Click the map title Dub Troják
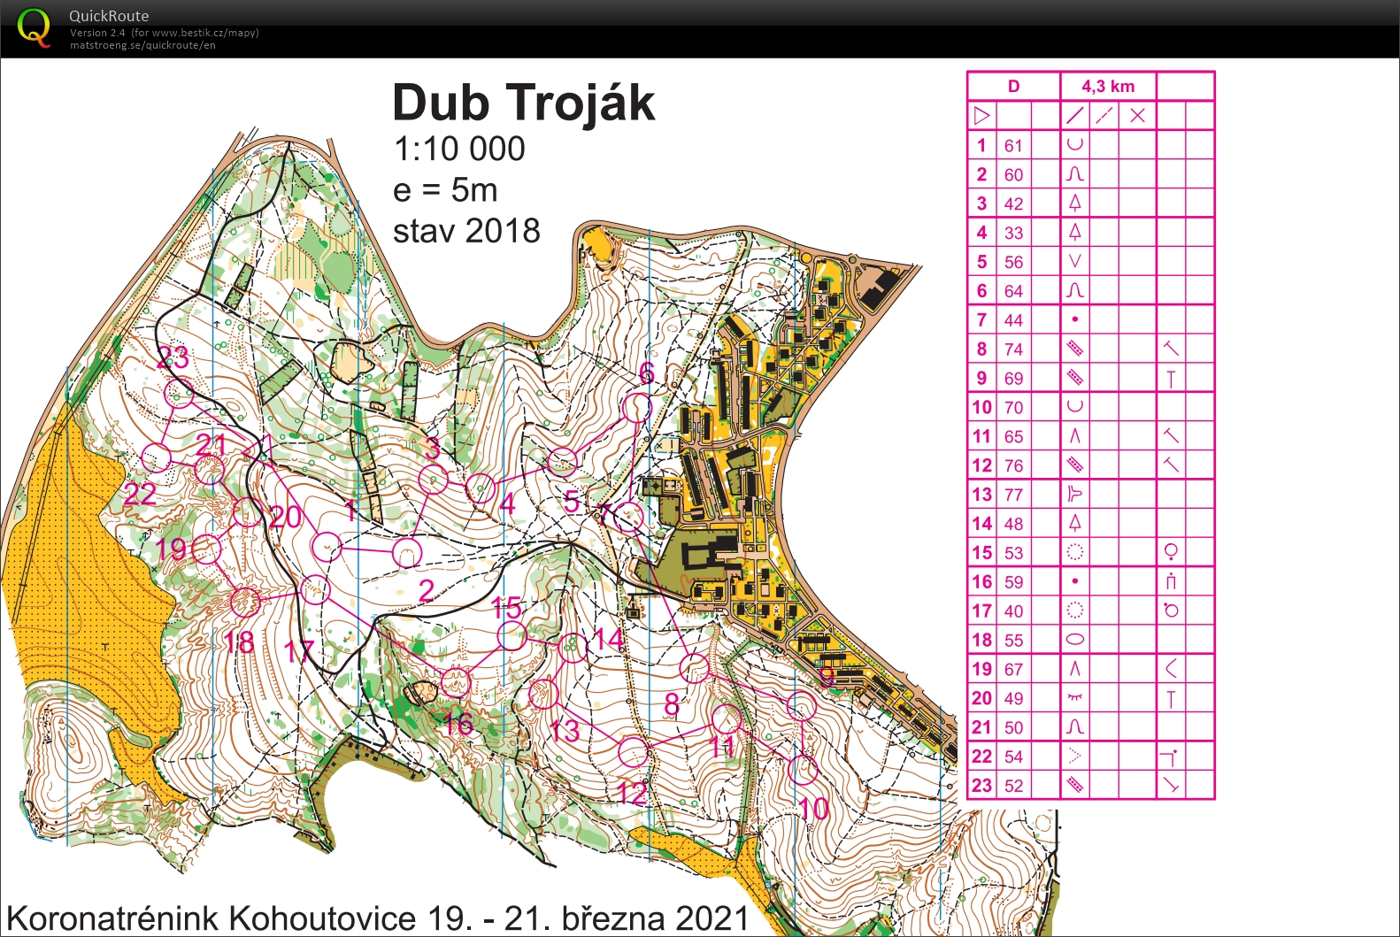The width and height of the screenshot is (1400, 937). [x=523, y=104]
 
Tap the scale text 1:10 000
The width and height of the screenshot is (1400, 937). [x=459, y=150]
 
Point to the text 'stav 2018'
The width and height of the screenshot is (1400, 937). [x=466, y=231]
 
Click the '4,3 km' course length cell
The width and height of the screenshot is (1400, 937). [x=1107, y=86]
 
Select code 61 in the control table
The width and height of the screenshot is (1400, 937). [x=1013, y=146]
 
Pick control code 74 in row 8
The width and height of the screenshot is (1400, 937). [x=1013, y=349]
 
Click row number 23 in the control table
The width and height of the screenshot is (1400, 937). [x=981, y=786]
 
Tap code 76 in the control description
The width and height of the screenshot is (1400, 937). [x=1013, y=465]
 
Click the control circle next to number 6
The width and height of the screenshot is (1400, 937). [x=637, y=408]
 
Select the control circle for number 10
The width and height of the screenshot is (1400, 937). [x=803, y=768]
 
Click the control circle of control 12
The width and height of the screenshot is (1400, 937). [x=633, y=752]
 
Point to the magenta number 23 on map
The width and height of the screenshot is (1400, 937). [x=173, y=357]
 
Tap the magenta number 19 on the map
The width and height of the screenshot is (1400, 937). [x=172, y=549]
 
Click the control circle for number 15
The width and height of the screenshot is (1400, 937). [x=512, y=635]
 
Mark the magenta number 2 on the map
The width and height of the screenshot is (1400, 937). [x=427, y=590]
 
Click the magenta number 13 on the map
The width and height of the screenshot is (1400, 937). [x=565, y=731]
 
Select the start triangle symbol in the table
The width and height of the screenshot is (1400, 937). [x=981, y=116]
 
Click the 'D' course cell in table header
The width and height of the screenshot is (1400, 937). [x=1013, y=86]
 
